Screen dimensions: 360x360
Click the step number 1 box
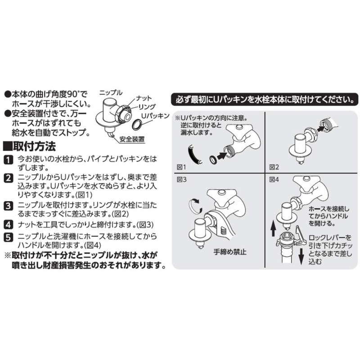click(8, 160)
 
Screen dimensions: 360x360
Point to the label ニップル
click(111, 92)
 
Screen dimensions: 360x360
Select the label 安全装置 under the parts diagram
click(132, 140)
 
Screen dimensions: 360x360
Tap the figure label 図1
click(181, 167)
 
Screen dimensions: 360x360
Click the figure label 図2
click(273, 167)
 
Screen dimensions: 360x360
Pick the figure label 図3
click(181, 180)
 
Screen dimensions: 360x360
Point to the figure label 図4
click(273, 180)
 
